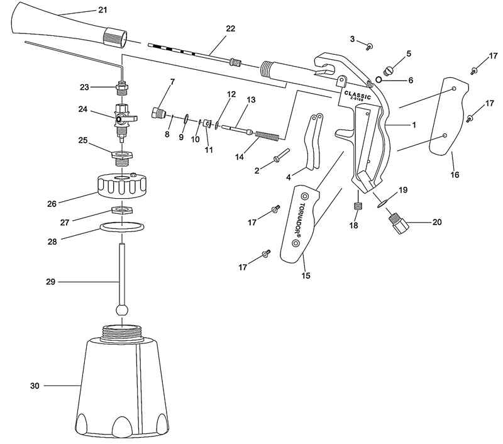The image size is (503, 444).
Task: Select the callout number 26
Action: tap(52, 203)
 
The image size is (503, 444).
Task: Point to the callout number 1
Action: tap(414, 125)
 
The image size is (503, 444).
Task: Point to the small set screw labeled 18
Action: tap(358, 206)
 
